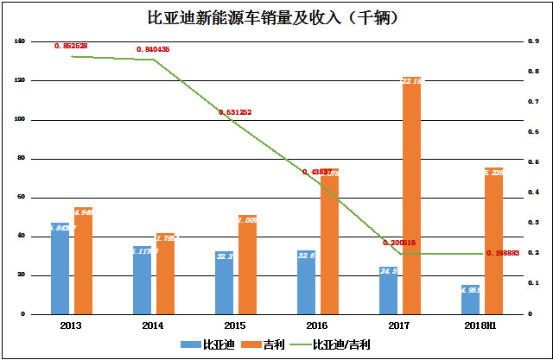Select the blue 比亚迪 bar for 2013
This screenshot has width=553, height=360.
coord(60,268)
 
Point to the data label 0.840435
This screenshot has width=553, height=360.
coord(153,49)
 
